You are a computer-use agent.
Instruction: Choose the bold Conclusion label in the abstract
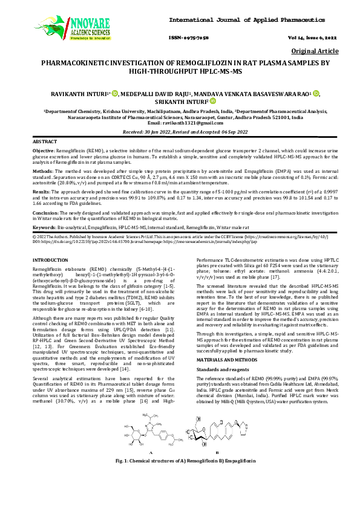pyautogui.click(x=45, y=213)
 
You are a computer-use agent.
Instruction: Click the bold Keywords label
pyautogui.click(x=44, y=226)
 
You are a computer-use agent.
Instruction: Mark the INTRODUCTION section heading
pyautogui.click(x=50, y=259)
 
